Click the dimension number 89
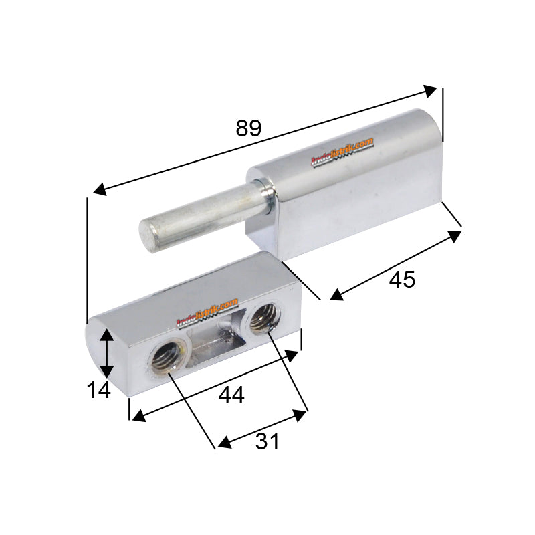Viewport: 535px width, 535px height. [248, 128]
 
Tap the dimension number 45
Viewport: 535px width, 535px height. [402, 279]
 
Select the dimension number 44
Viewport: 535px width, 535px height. [231, 395]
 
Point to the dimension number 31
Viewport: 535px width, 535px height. [266, 441]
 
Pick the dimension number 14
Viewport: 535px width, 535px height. [98, 389]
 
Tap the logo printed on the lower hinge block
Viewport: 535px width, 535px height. [207, 313]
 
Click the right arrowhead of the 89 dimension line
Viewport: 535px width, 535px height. [431, 90]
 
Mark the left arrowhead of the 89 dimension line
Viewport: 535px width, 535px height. [99, 190]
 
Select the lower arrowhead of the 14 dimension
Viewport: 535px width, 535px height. [106, 374]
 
